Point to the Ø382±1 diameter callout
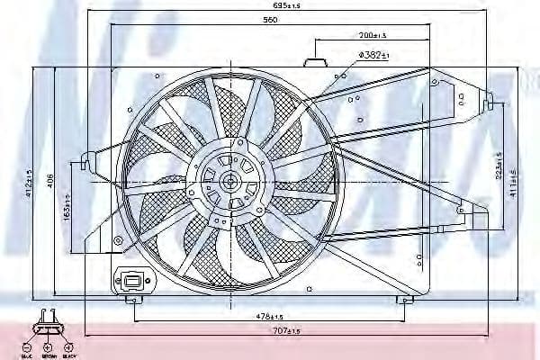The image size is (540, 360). (x=372, y=55)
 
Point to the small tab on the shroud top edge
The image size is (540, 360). (x=314, y=63)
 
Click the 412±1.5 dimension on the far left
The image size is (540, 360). (x=29, y=183)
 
